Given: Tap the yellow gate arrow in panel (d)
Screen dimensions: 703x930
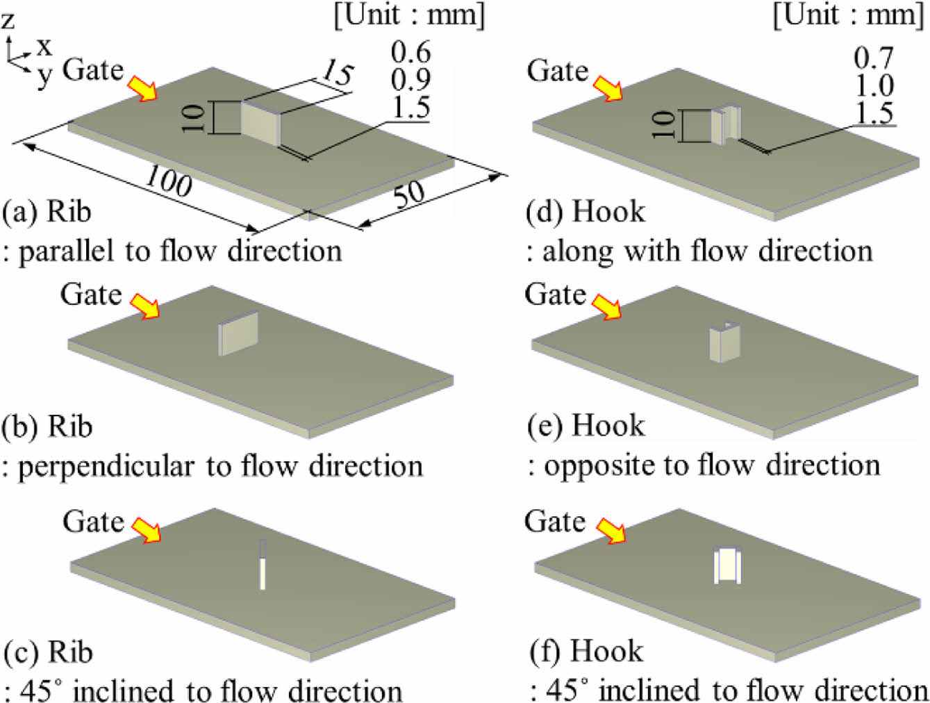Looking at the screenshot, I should (x=608, y=89).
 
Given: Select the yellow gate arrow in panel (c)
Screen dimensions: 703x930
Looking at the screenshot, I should (x=146, y=529).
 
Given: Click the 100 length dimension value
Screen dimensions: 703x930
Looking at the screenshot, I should (x=169, y=182).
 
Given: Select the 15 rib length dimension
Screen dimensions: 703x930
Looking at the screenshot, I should (x=337, y=72).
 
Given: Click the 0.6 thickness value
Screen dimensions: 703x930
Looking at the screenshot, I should (x=410, y=52).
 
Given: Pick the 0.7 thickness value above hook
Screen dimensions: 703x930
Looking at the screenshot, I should (x=874, y=58).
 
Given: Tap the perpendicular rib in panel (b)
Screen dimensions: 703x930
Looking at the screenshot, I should (x=239, y=333).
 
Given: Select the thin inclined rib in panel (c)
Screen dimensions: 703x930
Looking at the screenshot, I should (x=262, y=564).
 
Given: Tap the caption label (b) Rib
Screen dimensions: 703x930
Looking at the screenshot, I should (x=47, y=426).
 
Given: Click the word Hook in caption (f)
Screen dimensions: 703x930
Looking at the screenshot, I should (x=606, y=651).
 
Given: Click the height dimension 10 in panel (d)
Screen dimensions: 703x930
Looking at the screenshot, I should (x=664, y=125).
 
